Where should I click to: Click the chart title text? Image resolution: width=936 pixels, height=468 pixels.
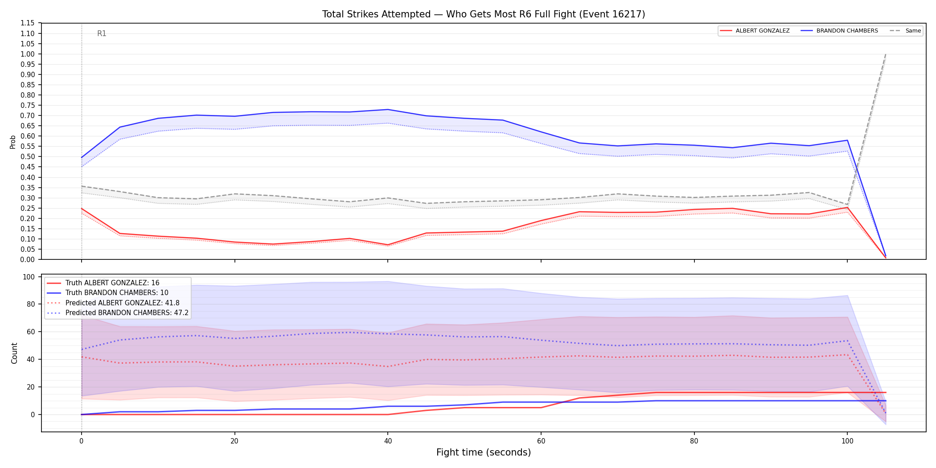pos(484,14)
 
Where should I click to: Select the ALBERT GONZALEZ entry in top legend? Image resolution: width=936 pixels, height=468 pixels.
pos(755,31)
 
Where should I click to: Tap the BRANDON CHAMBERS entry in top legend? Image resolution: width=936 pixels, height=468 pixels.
pos(839,31)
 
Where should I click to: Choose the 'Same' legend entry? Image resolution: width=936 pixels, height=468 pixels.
pos(905,31)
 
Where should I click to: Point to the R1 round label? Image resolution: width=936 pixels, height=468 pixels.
pos(102,33)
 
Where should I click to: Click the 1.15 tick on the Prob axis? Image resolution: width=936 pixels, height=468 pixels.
pos(28,23)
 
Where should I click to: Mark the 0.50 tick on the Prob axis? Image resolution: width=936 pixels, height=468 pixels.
pos(28,156)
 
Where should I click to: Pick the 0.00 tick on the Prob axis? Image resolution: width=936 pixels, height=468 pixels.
pos(28,259)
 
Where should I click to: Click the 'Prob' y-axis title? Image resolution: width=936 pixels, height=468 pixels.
pos(13,142)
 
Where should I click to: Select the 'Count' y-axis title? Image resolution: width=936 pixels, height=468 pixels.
pos(14,353)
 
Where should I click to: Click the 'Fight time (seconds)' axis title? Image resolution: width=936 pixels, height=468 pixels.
pos(484,452)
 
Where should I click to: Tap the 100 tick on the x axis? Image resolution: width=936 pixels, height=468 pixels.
pos(847,441)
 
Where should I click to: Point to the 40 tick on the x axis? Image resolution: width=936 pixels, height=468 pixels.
pos(388,441)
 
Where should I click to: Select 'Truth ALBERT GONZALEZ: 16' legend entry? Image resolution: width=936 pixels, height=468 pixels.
pos(103,283)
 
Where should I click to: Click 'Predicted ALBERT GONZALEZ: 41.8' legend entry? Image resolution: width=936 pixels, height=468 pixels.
pos(113,303)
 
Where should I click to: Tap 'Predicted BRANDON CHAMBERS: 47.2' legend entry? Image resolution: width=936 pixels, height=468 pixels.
pos(118,313)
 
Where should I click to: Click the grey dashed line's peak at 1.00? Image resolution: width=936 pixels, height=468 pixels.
pos(885,54)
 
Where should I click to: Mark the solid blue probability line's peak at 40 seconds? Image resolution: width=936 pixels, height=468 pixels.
pos(388,110)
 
